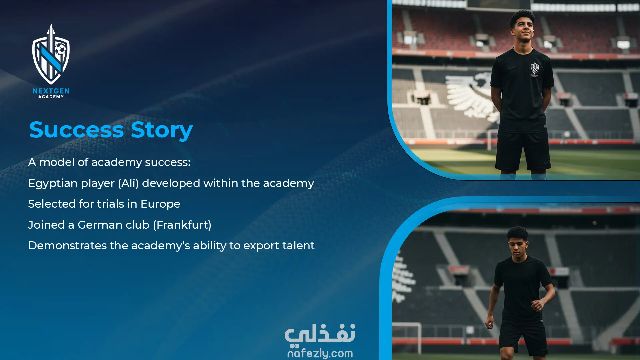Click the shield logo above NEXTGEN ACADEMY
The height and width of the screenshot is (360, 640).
51,54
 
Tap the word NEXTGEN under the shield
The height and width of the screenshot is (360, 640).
51,91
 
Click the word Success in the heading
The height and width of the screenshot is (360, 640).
76,130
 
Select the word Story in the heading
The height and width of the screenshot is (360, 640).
162,130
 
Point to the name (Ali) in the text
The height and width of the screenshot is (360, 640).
128,183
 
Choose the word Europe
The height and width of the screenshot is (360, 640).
160,204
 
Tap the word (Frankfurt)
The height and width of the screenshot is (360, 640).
182,225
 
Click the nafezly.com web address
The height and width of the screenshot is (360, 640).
320,353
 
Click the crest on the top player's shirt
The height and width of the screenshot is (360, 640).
534,69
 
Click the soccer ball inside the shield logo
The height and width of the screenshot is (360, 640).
60,49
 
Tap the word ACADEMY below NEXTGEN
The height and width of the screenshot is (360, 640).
51,97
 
